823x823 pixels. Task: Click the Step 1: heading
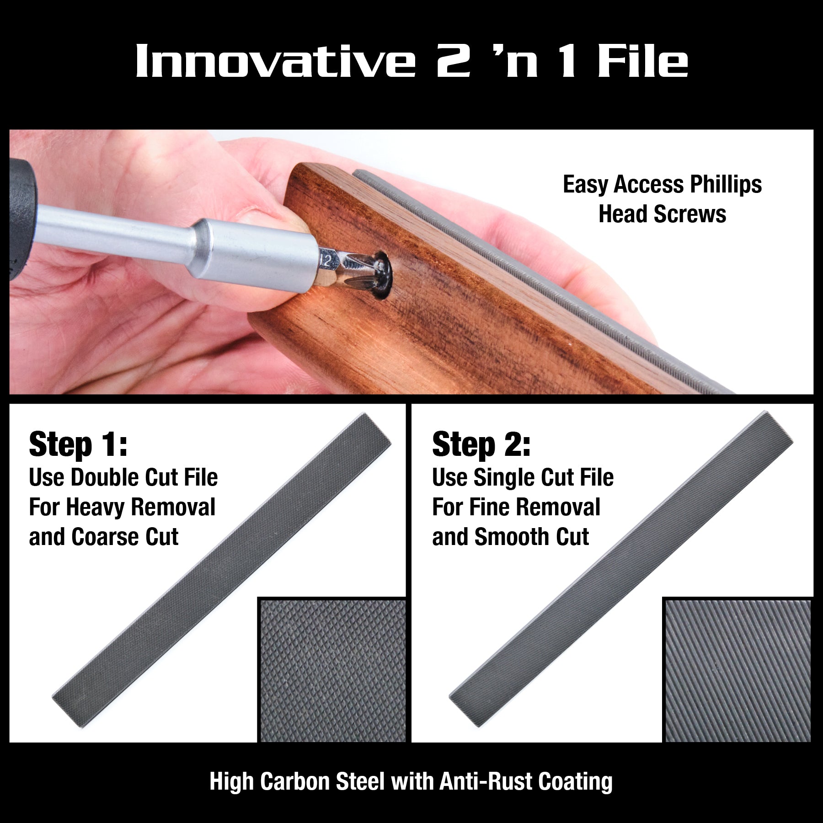[x=78, y=444]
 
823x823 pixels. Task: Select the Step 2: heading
[x=481, y=444]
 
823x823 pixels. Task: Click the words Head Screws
[x=662, y=214]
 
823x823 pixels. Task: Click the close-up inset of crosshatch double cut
[x=332, y=670]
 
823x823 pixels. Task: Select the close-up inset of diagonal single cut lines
[x=737, y=670]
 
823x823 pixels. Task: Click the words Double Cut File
[x=144, y=477]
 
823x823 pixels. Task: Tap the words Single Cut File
[x=543, y=477]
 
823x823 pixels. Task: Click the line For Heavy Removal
[x=122, y=508]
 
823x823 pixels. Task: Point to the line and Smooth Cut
[x=510, y=537]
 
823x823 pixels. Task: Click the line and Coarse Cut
[x=103, y=537]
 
